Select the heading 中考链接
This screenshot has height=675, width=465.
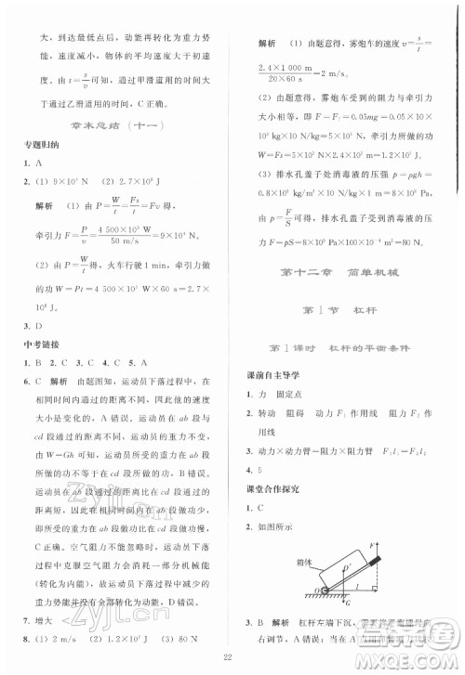click(40, 349)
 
